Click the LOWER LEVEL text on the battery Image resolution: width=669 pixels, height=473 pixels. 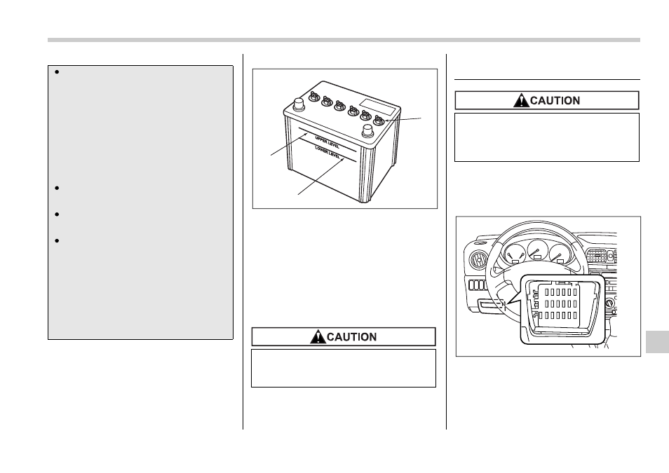pyautogui.click(x=327, y=152)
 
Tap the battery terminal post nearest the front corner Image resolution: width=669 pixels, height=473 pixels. pyautogui.click(x=367, y=131)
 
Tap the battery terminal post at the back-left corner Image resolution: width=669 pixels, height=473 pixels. pyautogui.click(x=298, y=104)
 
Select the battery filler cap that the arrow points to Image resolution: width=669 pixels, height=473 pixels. pyautogui.click(x=379, y=120)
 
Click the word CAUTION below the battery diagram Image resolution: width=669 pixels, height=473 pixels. pyautogui.click(x=351, y=337)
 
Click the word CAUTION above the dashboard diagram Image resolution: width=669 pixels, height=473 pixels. pyautogui.click(x=555, y=101)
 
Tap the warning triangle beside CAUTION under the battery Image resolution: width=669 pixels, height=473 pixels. pyautogui.click(x=318, y=337)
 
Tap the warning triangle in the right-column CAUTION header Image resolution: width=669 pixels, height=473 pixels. pyautogui.click(x=521, y=101)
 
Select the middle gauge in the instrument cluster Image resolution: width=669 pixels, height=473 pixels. pyautogui.click(x=537, y=250)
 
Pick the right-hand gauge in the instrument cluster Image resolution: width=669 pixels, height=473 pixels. pyautogui.click(x=560, y=254)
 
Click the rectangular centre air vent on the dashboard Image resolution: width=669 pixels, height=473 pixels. pyautogui.click(x=595, y=256)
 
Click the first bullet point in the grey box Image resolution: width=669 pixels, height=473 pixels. pyautogui.click(x=57, y=72)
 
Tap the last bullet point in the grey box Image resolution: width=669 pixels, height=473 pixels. pyautogui.click(x=57, y=241)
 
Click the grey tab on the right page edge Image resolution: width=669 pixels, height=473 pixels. pyautogui.click(x=657, y=341)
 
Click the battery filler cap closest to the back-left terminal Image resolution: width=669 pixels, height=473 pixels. pyautogui.click(x=314, y=97)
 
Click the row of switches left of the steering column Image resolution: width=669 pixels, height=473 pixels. pyautogui.click(x=477, y=285)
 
